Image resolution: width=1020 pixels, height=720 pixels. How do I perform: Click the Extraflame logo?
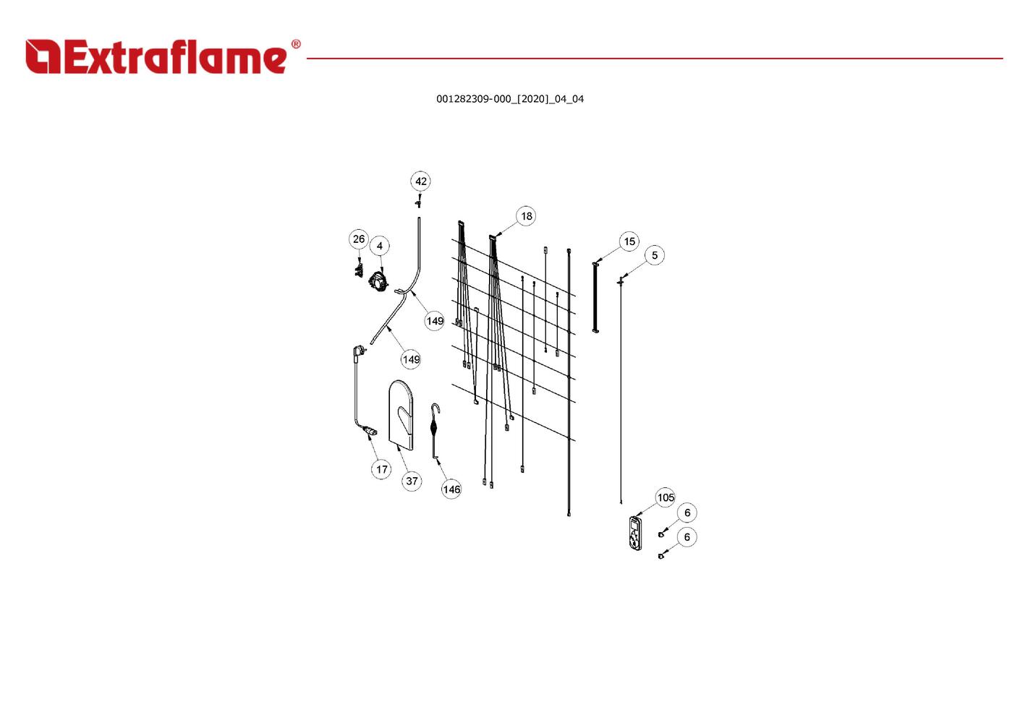(156, 56)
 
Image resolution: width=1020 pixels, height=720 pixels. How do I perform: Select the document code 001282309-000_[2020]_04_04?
(509, 99)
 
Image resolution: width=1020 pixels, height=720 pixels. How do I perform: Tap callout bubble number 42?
(421, 181)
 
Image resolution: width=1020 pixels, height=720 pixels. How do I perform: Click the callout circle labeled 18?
(526, 216)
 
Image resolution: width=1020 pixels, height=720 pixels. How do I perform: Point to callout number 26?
(359, 239)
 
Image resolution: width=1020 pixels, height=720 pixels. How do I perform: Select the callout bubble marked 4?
(380, 246)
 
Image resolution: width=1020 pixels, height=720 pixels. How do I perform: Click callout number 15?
(629, 241)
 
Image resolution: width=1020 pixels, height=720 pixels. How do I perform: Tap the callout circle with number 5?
(655, 255)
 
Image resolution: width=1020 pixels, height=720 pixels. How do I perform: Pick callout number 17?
(381, 469)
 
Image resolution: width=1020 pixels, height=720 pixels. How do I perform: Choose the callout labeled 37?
(412, 481)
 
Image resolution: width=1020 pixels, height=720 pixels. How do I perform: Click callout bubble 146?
(451, 489)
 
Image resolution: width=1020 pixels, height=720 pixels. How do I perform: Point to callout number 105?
(666, 497)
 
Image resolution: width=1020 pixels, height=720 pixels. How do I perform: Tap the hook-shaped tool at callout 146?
(435, 429)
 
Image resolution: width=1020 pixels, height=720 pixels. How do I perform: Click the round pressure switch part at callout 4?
(378, 281)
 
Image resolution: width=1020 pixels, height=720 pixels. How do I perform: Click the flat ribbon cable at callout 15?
(595, 297)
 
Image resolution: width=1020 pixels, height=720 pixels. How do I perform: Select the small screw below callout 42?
(418, 201)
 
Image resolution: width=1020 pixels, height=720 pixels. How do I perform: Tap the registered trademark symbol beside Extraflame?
(295, 45)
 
